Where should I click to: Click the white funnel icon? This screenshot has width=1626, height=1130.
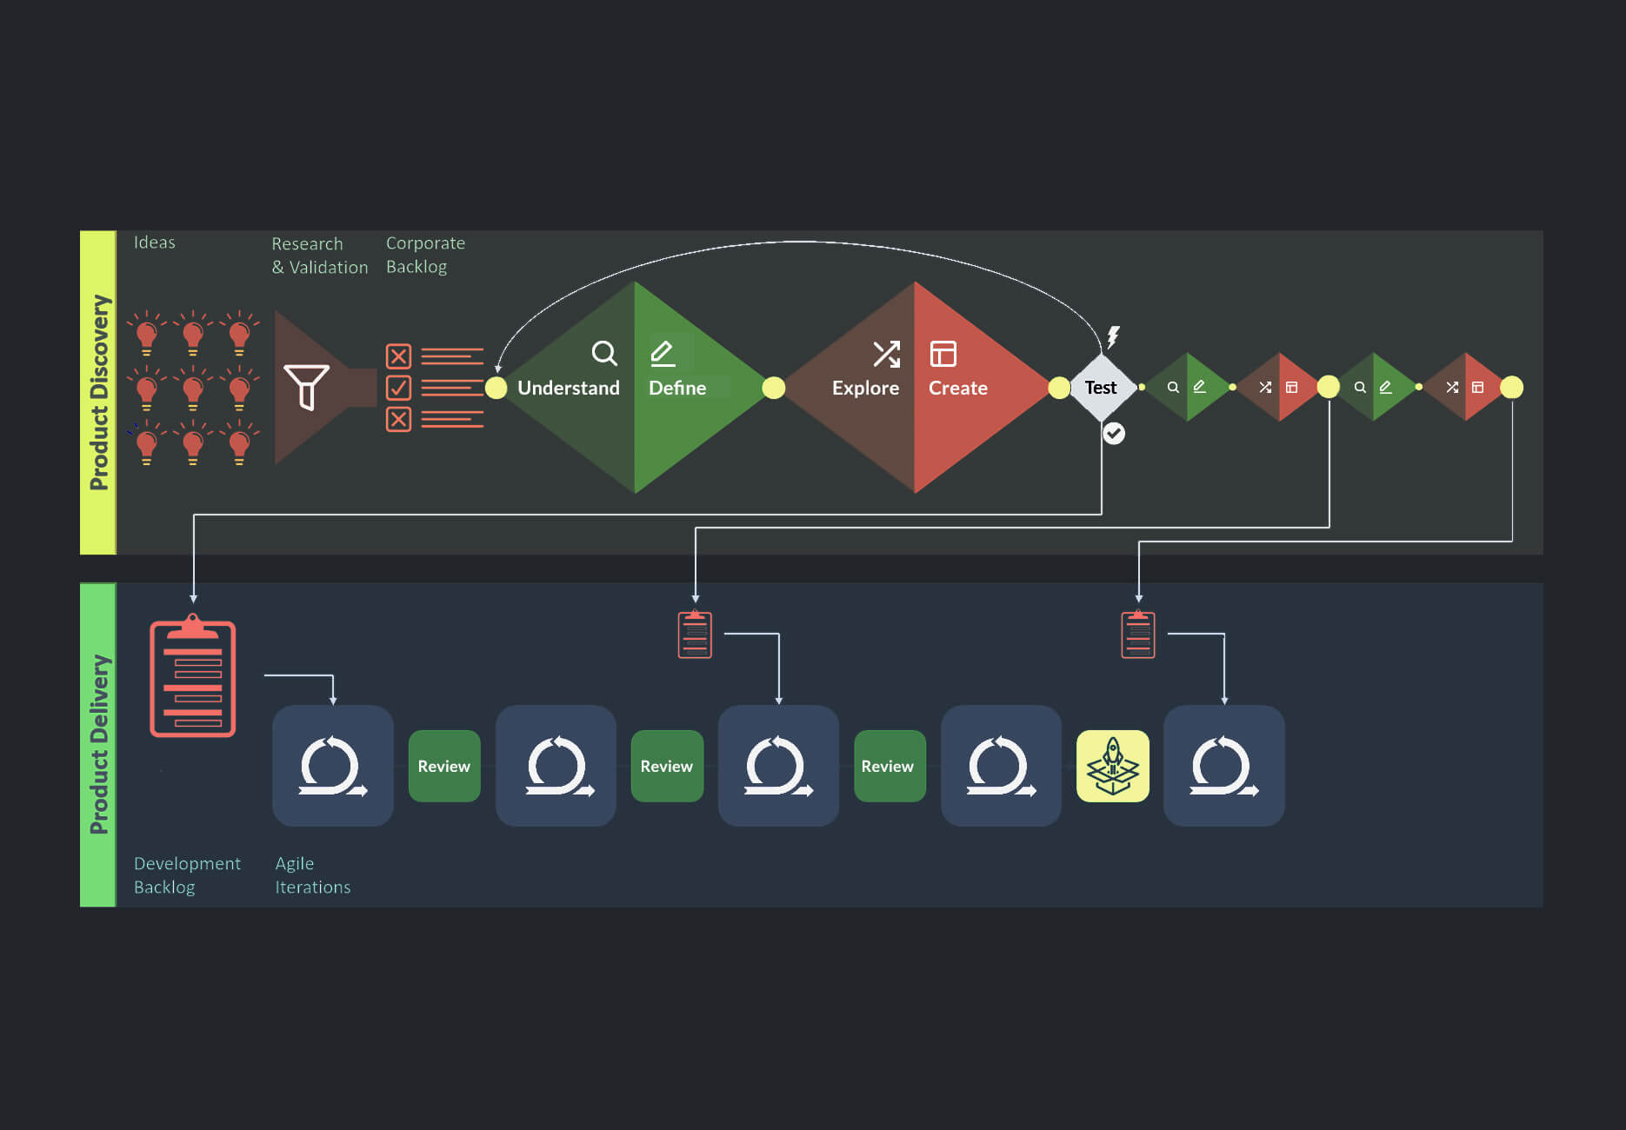(x=306, y=387)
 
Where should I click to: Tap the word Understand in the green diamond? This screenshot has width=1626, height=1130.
(x=569, y=388)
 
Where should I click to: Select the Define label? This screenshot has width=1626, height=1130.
(x=677, y=388)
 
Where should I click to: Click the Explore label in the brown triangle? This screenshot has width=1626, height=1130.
(x=865, y=388)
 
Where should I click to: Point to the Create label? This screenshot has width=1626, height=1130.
(x=957, y=388)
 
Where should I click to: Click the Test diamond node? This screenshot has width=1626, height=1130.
(x=1101, y=388)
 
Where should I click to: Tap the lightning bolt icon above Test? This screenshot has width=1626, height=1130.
(x=1113, y=336)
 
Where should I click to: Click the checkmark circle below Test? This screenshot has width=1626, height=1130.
(x=1114, y=433)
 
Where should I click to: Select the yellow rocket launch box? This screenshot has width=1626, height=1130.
(x=1112, y=766)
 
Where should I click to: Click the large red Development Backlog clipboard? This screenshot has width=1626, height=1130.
(x=193, y=678)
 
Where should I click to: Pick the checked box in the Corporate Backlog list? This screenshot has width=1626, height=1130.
(x=398, y=387)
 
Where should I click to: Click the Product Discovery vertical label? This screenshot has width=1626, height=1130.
(x=99, y=392)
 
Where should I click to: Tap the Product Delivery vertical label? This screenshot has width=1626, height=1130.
(x=99, y=744)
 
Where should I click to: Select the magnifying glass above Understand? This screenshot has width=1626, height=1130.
(x=604, y=353)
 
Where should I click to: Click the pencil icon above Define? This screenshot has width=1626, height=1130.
(x=663, y=353)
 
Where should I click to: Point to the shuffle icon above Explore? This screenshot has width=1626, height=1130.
(x=886, y=354)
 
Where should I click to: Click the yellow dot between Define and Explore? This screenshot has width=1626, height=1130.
(x=774, y=388)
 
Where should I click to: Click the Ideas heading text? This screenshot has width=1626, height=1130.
(x=155, y=243)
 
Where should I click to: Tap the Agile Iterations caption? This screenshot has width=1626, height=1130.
(x=312, y=875)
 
